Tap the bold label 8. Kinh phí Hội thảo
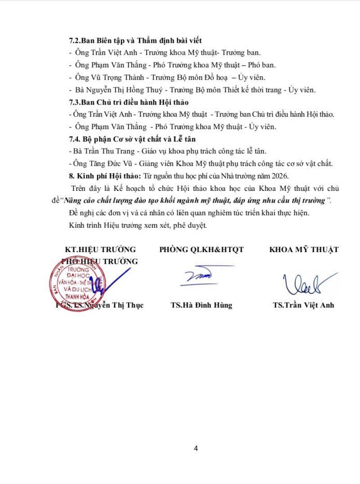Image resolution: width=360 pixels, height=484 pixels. [105, 176]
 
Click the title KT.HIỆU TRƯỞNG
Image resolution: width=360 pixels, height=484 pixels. [100, 249]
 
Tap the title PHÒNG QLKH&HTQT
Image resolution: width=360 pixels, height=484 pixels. [201, 249]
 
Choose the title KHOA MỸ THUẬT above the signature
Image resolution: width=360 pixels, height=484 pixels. [304, 249]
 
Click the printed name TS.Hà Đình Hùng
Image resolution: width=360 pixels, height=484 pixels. [201, 305]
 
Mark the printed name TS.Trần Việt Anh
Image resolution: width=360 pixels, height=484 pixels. [303, 305]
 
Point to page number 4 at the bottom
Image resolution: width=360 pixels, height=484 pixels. [196, 448]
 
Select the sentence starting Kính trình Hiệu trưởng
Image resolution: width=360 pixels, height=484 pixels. [138, 225]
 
